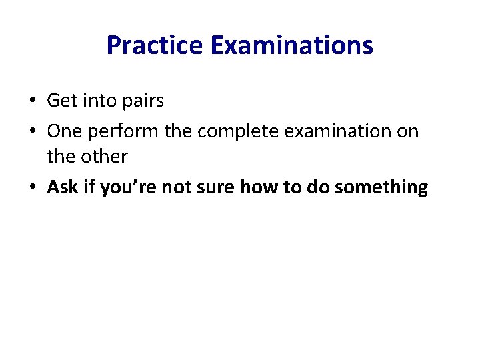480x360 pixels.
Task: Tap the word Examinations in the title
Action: pos(291,45)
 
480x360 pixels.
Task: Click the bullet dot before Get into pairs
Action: pos(31,101)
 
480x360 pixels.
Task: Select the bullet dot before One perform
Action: pos(31,131)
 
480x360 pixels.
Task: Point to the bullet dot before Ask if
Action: pos(31,188)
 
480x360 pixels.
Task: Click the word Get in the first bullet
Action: pos(62,101)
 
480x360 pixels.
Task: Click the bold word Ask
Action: pos(63,187)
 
